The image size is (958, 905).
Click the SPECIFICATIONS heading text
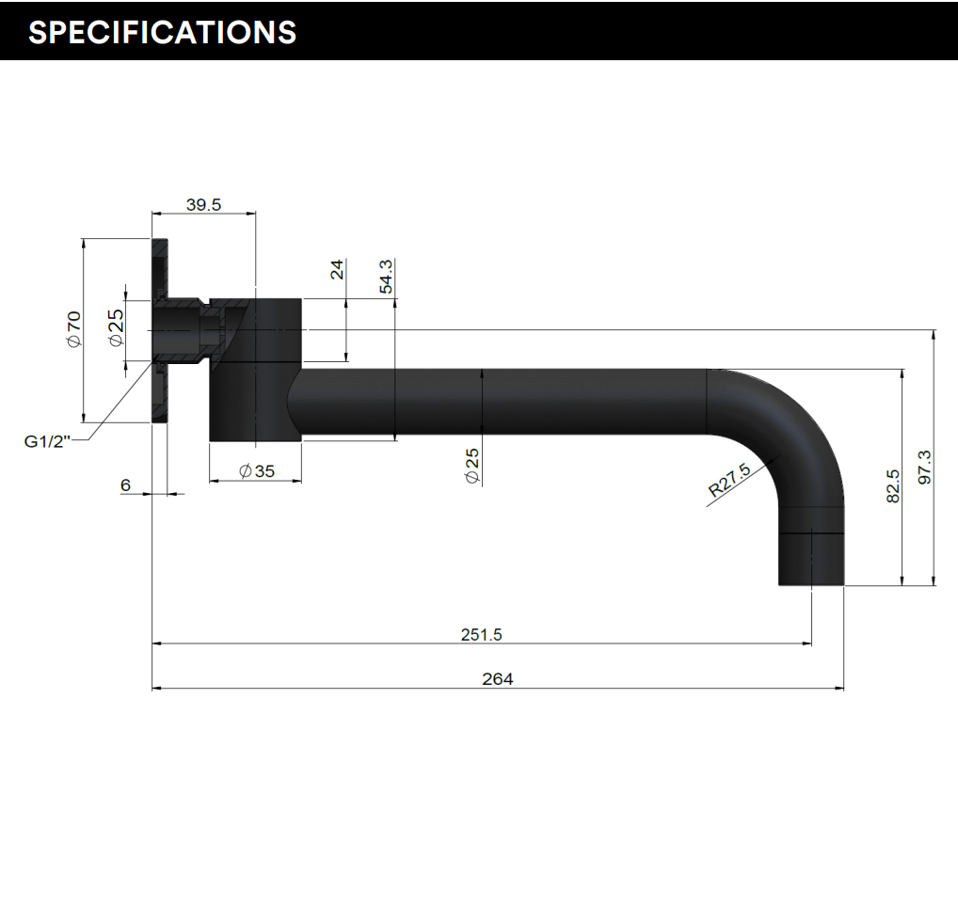162,32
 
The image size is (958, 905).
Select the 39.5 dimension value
203,205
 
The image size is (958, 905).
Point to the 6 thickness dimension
125,484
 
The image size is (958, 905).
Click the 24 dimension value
337,270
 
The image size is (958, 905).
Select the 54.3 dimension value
386,276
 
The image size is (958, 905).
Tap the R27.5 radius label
729,479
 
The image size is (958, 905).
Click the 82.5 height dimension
893,486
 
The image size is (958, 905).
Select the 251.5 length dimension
481,635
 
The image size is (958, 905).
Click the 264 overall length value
497,678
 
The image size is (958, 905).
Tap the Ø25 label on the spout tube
472,466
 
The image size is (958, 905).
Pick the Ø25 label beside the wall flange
116,327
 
